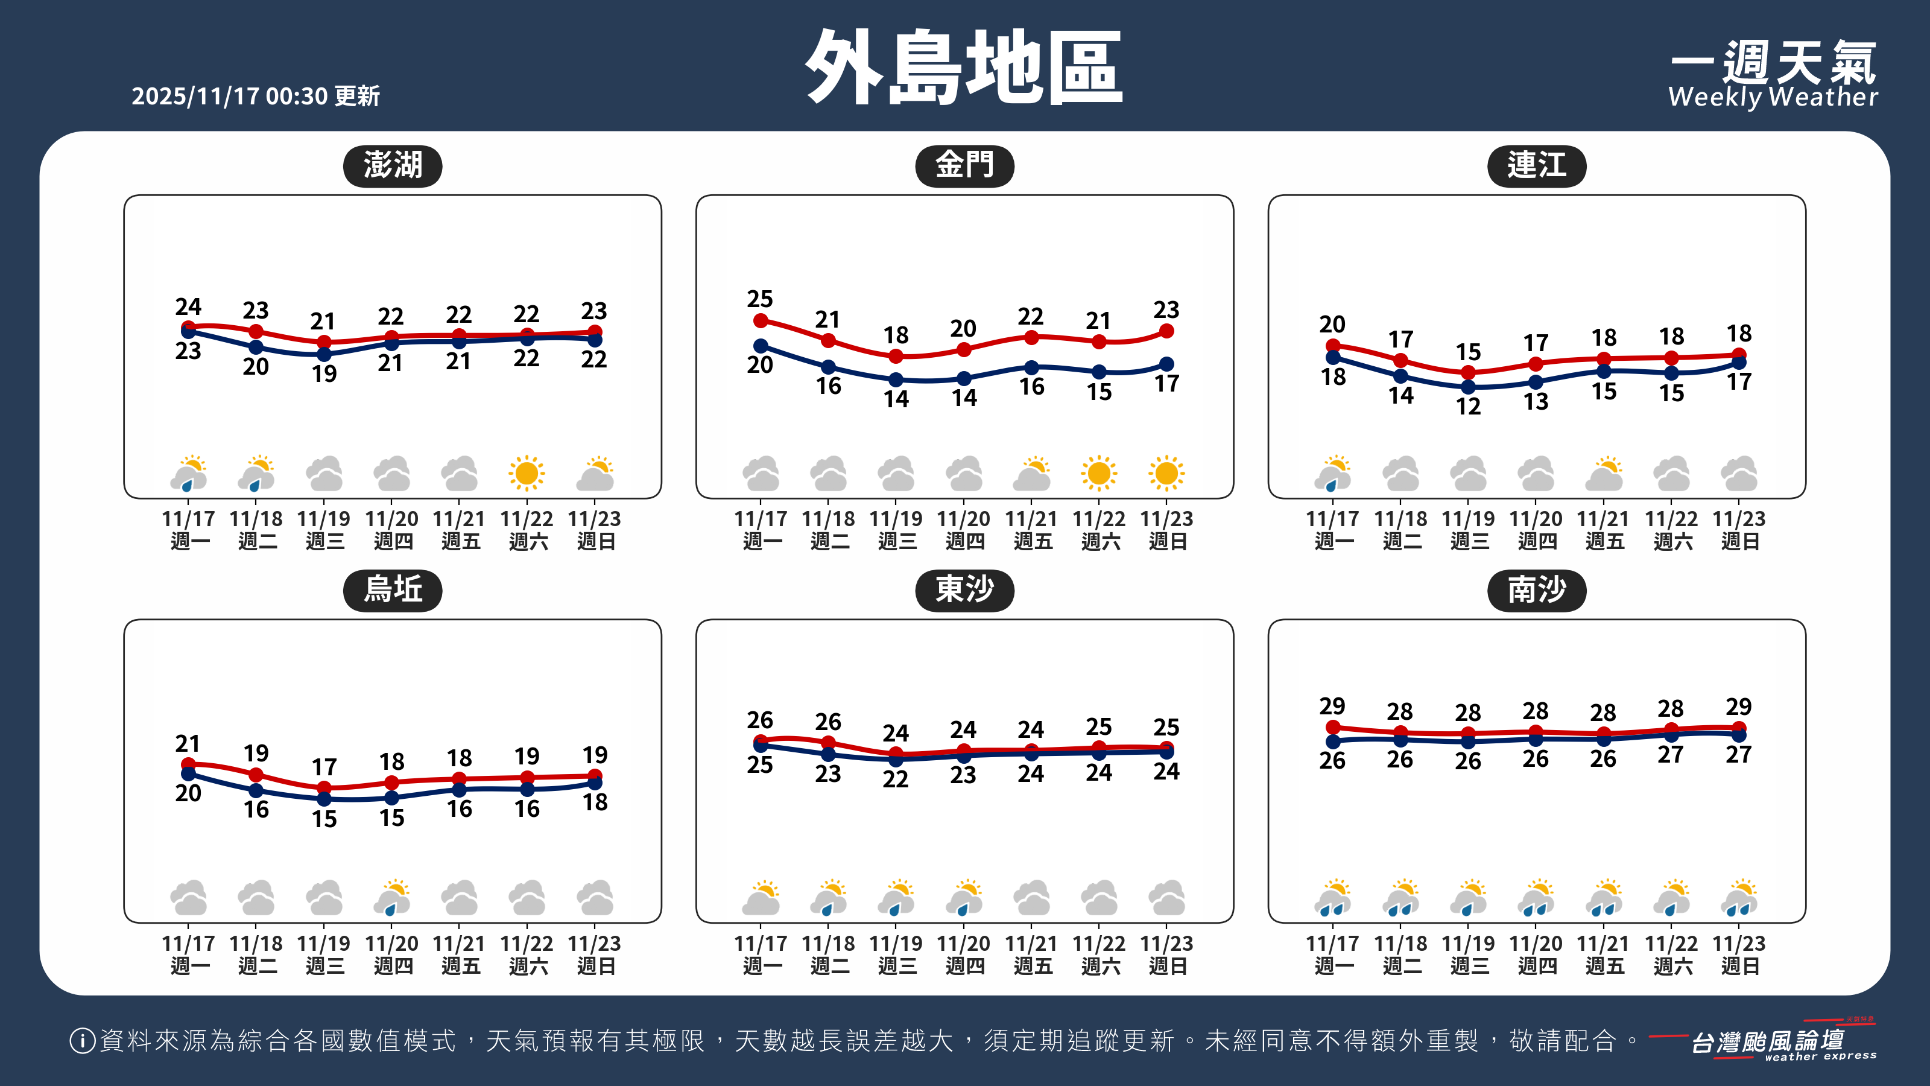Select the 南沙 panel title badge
(1536, 591)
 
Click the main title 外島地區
(964, 68)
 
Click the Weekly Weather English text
(1773, 97)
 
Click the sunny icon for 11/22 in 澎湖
(526, 474)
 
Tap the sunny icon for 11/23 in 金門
(1166, 474)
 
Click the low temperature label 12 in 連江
(1468, 406)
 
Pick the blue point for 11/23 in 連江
(1739, 363)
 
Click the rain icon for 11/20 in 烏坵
(393, 898)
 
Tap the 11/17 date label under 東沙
(760, 943)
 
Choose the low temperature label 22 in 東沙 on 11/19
(895, 779)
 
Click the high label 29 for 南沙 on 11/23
(1738, 707)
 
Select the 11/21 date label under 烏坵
(458, 943)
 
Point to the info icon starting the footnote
(81, 1040)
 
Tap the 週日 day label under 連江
(1739, 541)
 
